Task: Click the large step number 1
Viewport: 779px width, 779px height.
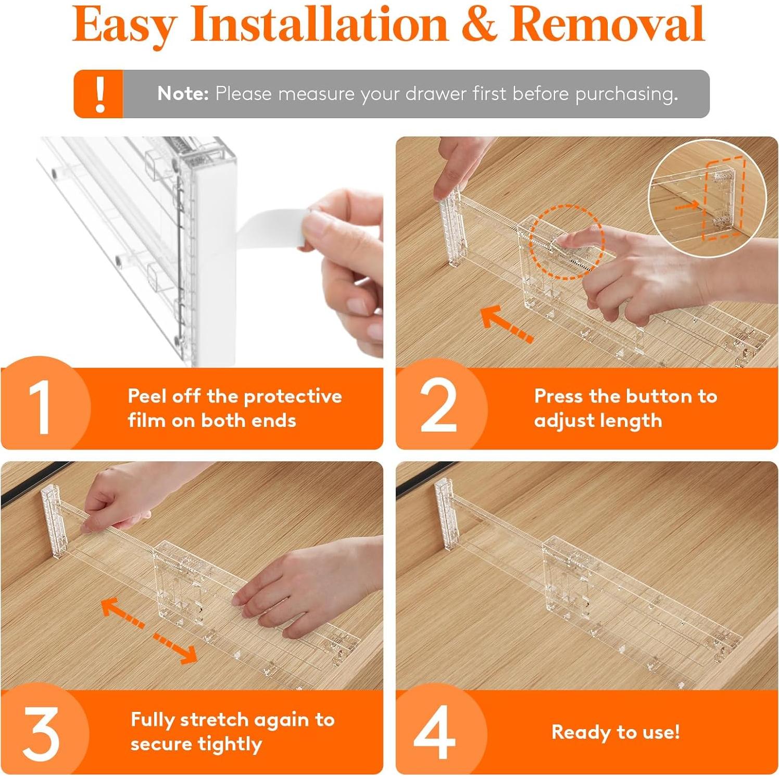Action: click(x=40, y=407)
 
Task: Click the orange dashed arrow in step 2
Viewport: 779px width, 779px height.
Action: click(x=507, y=324)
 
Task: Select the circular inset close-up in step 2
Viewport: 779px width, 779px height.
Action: click(x=707, y=198)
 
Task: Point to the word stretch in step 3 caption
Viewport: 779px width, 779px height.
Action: click(x=215, y=720)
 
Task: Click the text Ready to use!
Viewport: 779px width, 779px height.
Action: click(x=615, y=732)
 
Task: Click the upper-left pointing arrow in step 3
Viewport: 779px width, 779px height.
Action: click(x=122, y=613)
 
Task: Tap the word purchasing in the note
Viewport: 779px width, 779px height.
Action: click(x=626, y=94)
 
